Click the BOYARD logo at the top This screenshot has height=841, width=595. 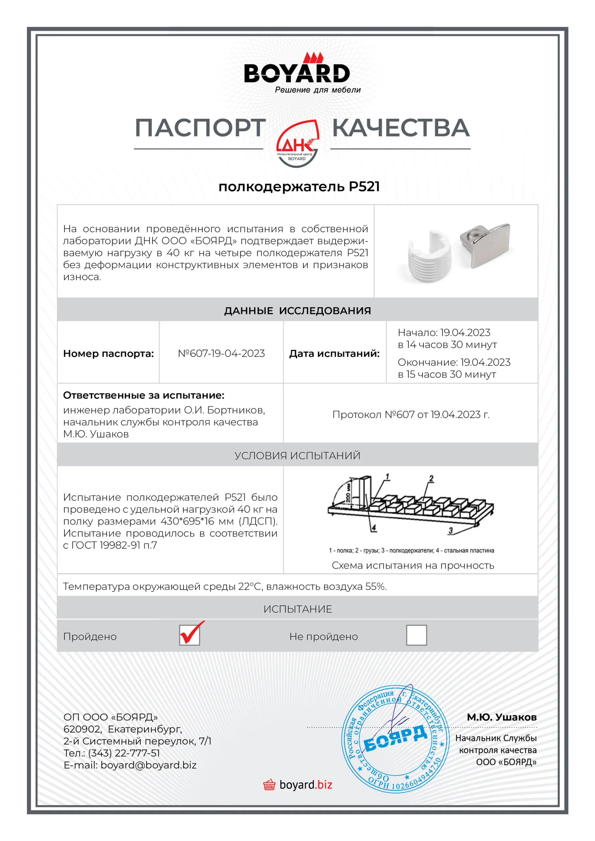click(297, 73)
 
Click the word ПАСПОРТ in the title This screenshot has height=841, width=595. click(200, 128)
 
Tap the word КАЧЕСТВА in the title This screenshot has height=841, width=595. click(400, 128)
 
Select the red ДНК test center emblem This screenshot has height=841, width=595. click(297, 144)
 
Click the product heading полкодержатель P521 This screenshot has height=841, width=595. click(299, 187)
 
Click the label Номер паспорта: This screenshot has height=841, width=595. click(108, 353)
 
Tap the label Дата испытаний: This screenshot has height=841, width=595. click(334, 353)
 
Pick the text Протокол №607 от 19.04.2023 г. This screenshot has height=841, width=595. click(411, 415)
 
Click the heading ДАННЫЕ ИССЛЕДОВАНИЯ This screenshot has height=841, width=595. click(297, 311)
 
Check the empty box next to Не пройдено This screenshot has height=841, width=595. click(416, 635)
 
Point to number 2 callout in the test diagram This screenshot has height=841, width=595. click(431, 478)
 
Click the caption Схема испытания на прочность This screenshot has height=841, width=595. click(413, 566)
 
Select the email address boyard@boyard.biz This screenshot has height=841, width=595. click(149, 765)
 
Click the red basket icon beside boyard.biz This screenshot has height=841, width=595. click(269, 785)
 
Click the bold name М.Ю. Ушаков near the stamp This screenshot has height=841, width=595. click(502, 717)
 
